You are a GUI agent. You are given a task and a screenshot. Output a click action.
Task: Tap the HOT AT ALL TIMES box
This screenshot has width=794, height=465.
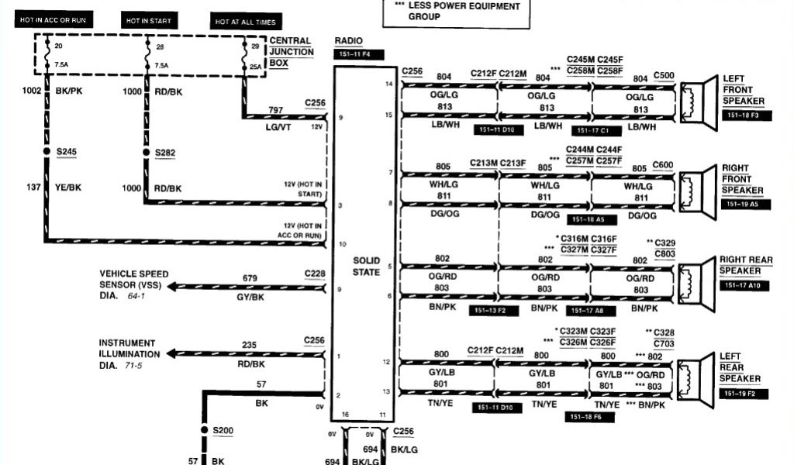coord(244,22)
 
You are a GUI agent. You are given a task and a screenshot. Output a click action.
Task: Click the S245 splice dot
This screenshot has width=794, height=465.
coord(47,152)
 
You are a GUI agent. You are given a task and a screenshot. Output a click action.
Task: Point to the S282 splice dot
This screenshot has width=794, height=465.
coord(145,152)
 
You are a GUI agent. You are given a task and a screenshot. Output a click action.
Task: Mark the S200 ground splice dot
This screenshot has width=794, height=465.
coord(205,429)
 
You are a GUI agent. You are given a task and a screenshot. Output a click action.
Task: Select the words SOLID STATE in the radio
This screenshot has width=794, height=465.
coord(366,267)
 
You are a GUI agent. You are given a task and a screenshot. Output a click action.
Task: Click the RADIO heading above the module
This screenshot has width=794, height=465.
coord(348,40)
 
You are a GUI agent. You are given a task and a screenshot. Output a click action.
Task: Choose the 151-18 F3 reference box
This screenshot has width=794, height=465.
coord(744,115)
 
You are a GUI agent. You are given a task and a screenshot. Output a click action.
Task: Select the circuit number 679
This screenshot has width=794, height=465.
coord(250,277)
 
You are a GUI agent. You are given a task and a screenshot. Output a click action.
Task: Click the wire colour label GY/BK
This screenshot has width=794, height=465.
coord(250,297)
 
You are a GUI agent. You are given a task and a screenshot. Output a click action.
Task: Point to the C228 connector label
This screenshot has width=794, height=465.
coord(315,273)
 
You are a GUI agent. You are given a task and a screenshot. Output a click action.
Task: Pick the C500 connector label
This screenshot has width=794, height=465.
coord(664,75)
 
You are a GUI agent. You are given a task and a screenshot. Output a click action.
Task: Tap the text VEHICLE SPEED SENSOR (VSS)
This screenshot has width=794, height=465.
coord(133,279)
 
